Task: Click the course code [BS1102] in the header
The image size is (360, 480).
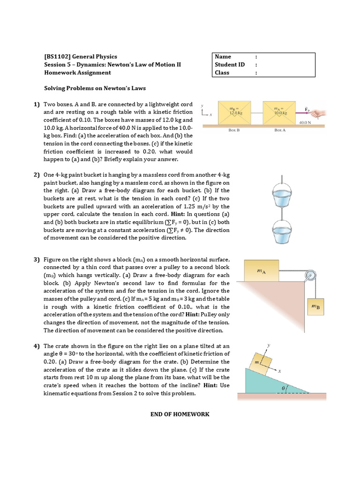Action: click(x=58, y=57)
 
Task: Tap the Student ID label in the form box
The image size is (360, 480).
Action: click(x=230, y=65)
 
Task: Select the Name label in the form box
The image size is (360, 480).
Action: click(x=223, y=57)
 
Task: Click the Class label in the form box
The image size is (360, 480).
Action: click(x=222, y=73)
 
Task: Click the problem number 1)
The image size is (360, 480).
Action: click(x=36, y=104)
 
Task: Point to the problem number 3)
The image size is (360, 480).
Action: click(x=36, y=260)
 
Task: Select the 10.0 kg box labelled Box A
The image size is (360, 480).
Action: click(x=280, y=112)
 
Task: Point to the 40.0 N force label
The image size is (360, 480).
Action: click(x=305, y=122)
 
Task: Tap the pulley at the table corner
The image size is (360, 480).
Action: click(x=309, y=277)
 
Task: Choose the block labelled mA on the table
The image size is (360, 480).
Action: click(x=262, y=270)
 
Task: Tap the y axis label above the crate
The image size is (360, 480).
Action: click(x=269, y=345)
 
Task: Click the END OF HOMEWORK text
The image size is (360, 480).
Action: click(x=180, y=414)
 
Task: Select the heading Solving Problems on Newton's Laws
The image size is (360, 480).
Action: click(x=95, y=88)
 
